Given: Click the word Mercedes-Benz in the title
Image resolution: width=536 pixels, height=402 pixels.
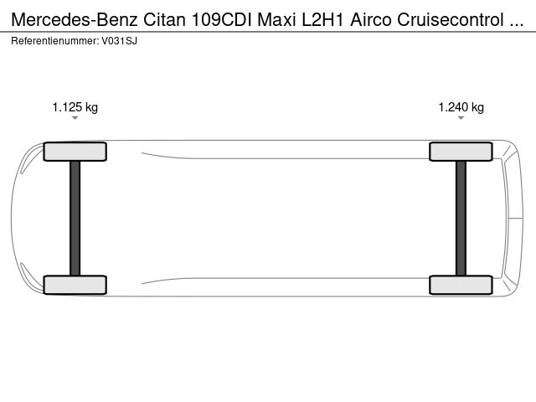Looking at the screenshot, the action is [x=75, y=20].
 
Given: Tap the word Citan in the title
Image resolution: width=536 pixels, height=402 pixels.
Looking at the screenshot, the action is [x=164, y=20].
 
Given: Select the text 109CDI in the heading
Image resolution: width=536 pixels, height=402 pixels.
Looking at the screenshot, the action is [x=221, y=20].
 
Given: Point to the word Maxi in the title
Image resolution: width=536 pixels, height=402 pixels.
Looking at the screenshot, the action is [x=276, y=20].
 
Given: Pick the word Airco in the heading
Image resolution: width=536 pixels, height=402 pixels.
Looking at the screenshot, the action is [x=371, y=20].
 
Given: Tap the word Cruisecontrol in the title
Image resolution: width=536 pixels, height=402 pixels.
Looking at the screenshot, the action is [x=451, y=20].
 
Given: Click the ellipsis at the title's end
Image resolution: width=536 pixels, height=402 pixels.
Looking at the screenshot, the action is [x=517, y=24].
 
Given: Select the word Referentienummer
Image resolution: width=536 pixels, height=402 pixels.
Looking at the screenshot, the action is [x=55, y=41].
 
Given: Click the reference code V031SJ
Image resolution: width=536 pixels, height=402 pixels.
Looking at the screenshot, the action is [x=119, y=41].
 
